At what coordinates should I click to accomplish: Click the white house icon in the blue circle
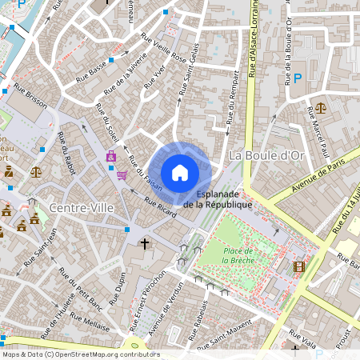click(180, 172)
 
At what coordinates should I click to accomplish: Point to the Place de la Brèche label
click(239, 254)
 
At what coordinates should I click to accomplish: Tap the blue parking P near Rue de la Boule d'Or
click(298, 78)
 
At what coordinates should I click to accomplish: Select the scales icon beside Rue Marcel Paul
click(321, 106)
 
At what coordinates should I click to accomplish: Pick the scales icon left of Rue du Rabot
click(36, 170)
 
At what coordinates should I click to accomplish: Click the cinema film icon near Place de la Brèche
click(298, 266)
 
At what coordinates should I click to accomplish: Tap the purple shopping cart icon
click(122, 174)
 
